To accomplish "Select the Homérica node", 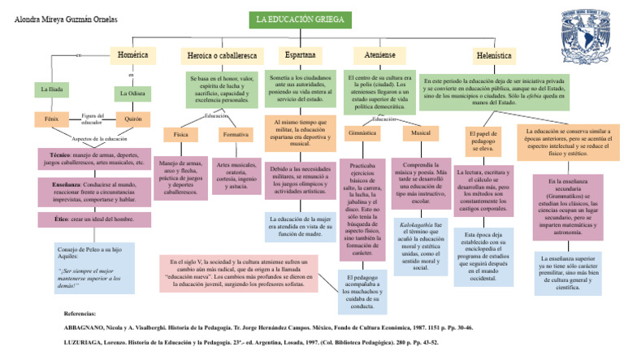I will click(x=132, y=55).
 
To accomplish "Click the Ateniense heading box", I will click(x=380, y=55).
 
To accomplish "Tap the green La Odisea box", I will click(x=132, y=94).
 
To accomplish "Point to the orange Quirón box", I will click(x=132, y=119).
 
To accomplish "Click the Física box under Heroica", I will click(x=180, y=134).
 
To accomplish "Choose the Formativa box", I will click(x=236, y=134).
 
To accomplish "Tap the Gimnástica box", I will click(x=362, y=132).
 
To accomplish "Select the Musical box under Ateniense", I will click(x=421, y=132).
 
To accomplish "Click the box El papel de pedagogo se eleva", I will click(x=484, y=140).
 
